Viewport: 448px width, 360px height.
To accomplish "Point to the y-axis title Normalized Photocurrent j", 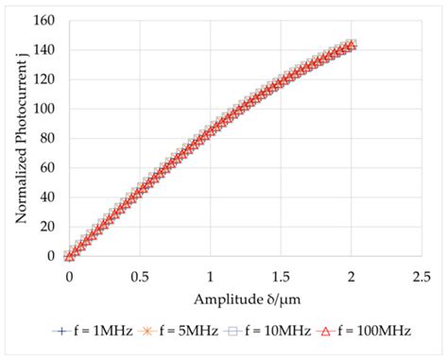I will [x=20, y=138].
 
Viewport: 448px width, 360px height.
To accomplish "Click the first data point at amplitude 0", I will [x=69, y=255].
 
